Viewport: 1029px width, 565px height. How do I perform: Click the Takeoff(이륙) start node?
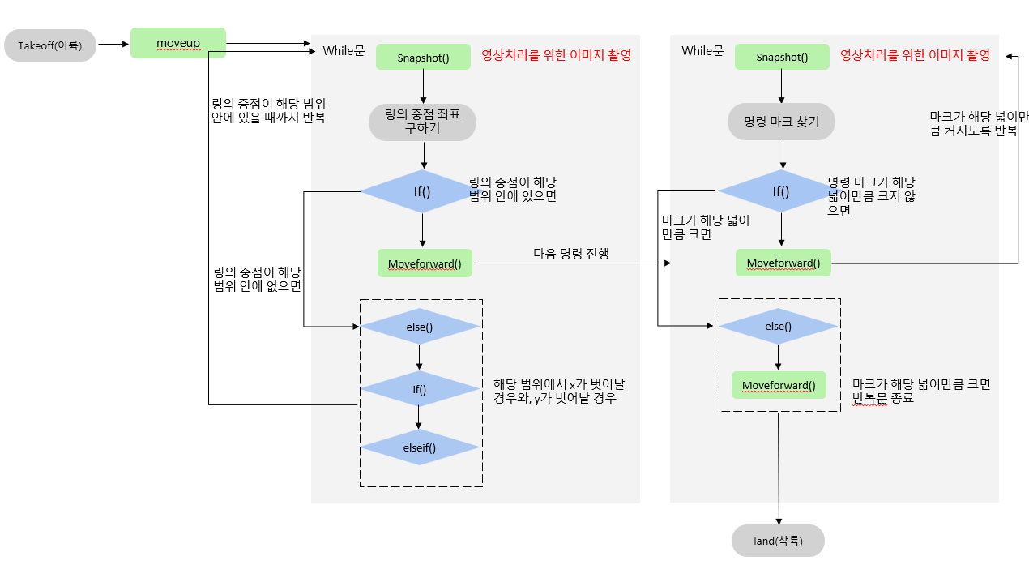point(50,45)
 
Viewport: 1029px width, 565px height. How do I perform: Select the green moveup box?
point(178,42)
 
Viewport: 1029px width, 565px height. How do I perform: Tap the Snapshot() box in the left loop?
point(423,57)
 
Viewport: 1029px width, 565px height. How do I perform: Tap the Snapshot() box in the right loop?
point(782,57)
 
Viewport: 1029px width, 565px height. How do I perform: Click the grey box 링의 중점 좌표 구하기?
point(422,122)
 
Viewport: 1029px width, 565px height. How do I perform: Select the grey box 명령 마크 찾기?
point(781,122)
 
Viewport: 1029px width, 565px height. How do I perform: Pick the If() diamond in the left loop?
point(421,191)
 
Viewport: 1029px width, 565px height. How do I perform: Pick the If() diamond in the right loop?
point(780,191)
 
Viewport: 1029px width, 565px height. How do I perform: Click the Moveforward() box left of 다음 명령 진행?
point(425,263)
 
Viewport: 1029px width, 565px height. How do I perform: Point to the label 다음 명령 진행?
point(570,253)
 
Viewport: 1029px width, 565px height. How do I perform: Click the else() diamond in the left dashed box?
point(419,327)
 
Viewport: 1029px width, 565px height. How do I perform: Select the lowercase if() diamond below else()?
point(419,389)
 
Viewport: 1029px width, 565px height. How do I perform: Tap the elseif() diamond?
point(420,447)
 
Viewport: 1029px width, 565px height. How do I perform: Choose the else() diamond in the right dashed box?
point(778,326)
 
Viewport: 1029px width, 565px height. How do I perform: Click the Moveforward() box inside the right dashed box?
point(779,384)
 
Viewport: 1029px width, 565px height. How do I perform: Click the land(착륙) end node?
point(778,541)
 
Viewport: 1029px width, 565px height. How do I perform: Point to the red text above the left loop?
point(556,55)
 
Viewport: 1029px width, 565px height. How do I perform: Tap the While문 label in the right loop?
point(702,51)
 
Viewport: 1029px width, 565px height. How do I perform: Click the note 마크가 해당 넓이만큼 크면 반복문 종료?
point(920,391)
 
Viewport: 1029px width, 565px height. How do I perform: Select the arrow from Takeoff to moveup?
point(113,45)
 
